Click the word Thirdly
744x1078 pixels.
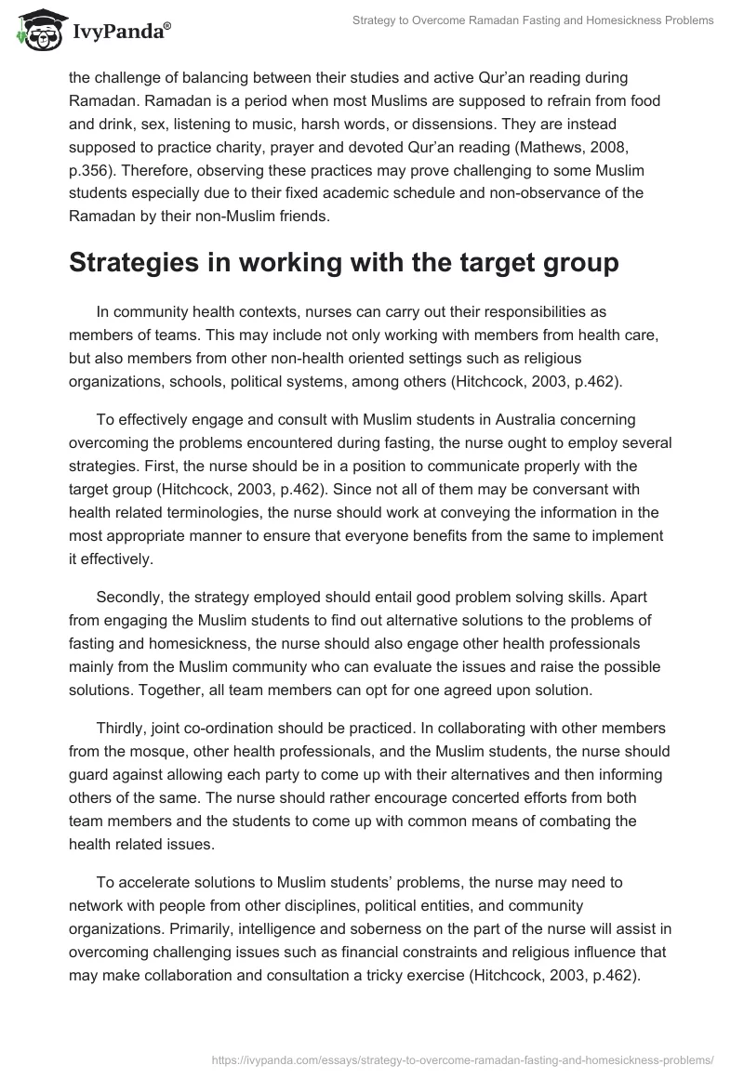coord(122,730)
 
